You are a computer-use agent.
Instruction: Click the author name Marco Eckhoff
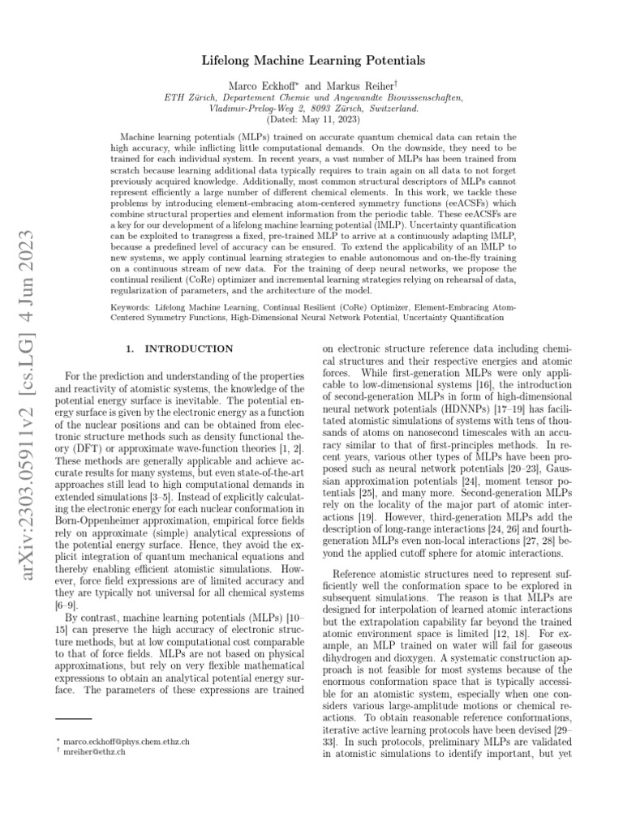[x=265, y=83]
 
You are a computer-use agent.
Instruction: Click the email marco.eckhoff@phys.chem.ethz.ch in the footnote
[x=122, y=742]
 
